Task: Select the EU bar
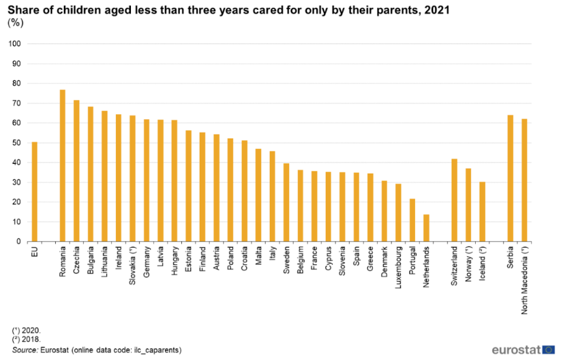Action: (x=35, y=192)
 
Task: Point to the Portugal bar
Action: (x=413, y=220)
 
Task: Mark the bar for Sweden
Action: (x=287, y=202)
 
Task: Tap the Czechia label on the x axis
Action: (x=77, y=261)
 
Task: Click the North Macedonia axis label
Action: (x=525, y=279)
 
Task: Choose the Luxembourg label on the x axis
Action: (x=398, y=267)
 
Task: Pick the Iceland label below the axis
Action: (x=483, y=263)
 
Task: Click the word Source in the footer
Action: (x=24, y=350)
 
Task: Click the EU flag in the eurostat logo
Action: (x=548, y=350)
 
